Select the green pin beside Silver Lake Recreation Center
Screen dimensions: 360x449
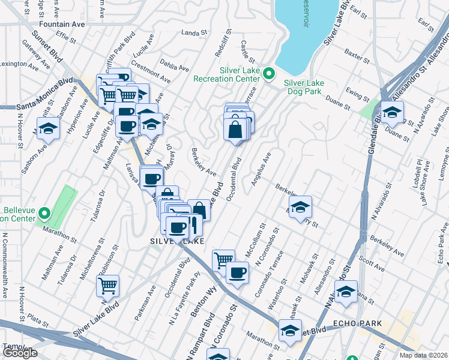(270, 74)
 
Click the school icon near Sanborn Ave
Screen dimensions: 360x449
(49, 128)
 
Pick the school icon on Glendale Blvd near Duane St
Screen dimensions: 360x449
(392, 112)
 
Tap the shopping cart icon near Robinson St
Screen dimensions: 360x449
(108, 286)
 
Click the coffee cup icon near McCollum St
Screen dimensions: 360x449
(237, 273)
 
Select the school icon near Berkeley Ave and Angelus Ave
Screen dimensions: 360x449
(300, 208)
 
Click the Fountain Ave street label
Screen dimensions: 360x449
(62, 25)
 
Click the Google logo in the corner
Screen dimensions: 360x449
(19, 353)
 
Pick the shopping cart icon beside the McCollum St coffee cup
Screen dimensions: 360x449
(223, 260)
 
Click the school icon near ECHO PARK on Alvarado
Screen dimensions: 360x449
(346, 292)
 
